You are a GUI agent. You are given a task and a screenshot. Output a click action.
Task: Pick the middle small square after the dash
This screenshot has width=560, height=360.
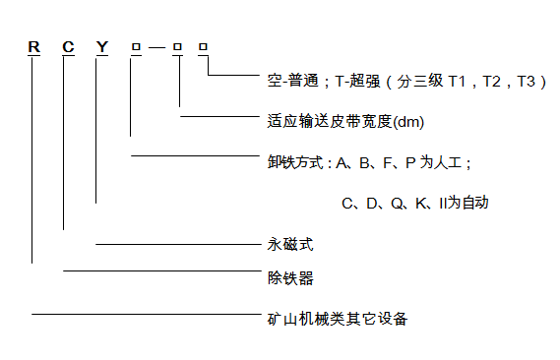(x=177, y=46)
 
